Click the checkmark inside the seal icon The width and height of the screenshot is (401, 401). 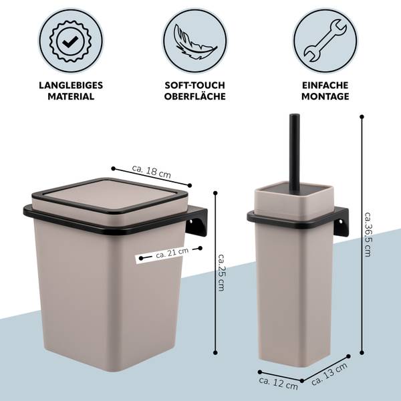pos(71,41)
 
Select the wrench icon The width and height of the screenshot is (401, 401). pos(325,41)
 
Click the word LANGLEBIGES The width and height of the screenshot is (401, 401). pos(71,86)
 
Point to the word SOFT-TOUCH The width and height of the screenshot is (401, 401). pos(195,86)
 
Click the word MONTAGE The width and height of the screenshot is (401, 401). pos(325,96)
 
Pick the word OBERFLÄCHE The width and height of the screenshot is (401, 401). pos(195,96)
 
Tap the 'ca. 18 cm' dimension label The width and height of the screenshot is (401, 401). pos(152,171)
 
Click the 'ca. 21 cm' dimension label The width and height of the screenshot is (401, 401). pos(172,253)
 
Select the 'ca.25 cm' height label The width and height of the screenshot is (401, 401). pos(221,273)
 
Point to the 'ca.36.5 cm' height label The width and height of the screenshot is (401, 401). pos(368,235)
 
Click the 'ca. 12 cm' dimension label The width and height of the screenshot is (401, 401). pos(278,384)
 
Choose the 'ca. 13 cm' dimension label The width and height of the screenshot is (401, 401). pos(329,374)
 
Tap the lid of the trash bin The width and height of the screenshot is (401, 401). pos(110,196)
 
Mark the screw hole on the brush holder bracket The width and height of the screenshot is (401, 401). pos(340,222)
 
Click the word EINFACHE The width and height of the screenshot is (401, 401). pos(325,86)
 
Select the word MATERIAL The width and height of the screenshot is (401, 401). pos(71,96)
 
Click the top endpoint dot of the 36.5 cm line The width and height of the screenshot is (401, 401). pos(362,117)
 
